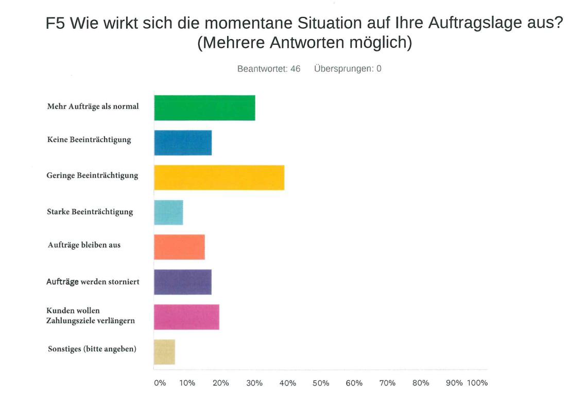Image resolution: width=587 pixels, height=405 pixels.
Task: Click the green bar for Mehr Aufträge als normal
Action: point(204,108)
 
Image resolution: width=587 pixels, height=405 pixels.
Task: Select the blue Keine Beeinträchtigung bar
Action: point(183,143)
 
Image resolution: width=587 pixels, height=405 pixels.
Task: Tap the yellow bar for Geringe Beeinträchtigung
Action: point(219,178)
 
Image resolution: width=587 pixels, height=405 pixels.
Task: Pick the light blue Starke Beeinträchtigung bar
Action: point(168,213)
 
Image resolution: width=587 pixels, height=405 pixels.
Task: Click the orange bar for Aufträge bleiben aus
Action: point(179,247)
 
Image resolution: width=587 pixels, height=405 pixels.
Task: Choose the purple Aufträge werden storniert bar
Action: point(183,282)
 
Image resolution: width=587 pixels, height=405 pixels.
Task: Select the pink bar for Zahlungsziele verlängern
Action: point(186,317)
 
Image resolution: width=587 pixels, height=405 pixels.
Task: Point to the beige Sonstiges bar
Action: point(164,352)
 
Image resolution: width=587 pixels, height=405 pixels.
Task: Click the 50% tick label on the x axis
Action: point(321,383)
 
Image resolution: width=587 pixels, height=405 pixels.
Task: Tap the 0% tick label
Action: point(160,383)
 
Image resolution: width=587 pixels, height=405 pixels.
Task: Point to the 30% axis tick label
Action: point(254,383)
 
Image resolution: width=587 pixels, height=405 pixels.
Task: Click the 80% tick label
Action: point(421,383)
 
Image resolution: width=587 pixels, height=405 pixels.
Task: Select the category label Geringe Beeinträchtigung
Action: point(93,175)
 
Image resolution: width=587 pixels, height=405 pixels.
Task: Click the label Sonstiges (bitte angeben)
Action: point(92,349)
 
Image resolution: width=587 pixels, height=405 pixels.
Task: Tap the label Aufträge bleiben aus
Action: point(84,245)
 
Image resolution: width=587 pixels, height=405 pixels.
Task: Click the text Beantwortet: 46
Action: point(269,69)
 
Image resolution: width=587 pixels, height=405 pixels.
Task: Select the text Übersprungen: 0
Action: point(348,69)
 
